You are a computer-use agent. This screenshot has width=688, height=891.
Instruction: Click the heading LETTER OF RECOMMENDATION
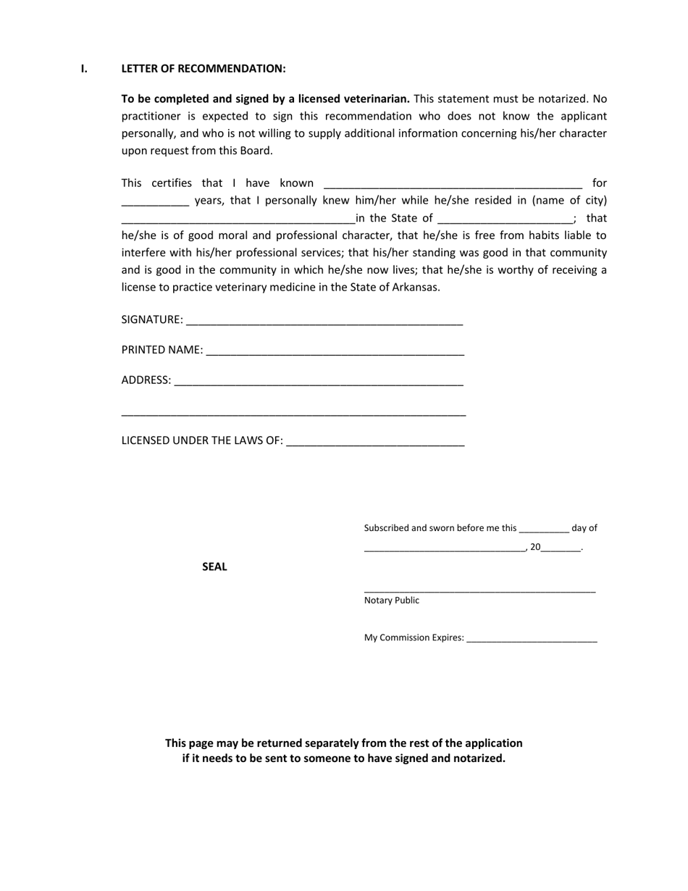204,69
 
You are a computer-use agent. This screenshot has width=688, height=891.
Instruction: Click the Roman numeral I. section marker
84,69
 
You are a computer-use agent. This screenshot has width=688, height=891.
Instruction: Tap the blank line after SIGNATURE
324,321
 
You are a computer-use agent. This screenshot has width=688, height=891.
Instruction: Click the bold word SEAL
214,567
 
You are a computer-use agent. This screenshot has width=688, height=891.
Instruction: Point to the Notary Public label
391,601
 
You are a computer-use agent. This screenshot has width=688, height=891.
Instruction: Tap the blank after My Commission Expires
532,639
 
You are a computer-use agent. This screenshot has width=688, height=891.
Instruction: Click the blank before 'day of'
544,530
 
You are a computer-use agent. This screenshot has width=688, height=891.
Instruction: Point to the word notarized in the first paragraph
561,99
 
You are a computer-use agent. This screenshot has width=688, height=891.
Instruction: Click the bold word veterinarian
375,99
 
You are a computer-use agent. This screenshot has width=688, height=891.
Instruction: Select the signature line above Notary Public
479,590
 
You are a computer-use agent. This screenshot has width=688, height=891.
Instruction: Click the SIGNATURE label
151,320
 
